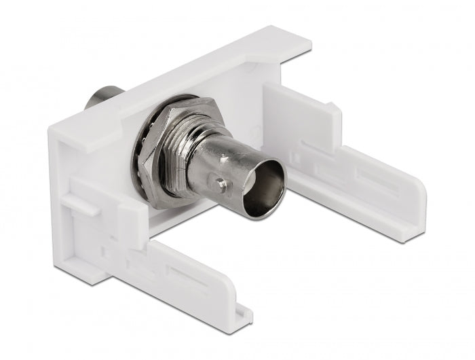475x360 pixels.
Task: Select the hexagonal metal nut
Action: coord(172,158)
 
